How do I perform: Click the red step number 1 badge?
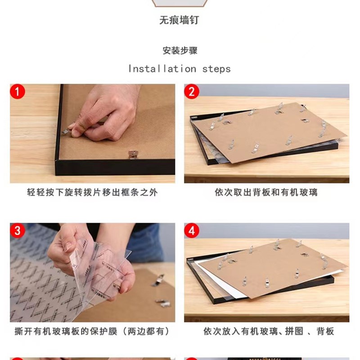coord(17,92)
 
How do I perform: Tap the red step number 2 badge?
coord(191,92)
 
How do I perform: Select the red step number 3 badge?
coord(17,231)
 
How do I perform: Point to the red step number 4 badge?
coord(191,231)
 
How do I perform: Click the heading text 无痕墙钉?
coord(179,20)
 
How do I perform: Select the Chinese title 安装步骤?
coord(180,50)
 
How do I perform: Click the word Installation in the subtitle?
coord(162,69)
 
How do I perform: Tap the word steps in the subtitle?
coord(216,69)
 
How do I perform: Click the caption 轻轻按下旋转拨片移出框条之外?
coord(92,193)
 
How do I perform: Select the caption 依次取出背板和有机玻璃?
coord(266,193)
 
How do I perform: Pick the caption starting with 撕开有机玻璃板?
coord(92,332)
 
